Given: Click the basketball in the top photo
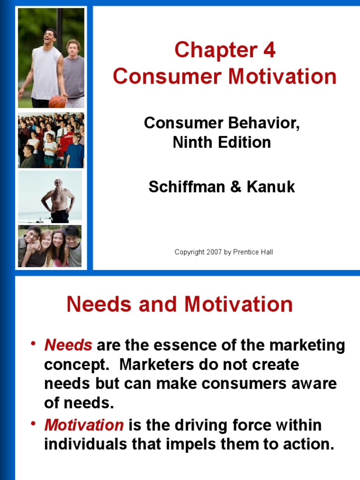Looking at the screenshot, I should [x=57, y=101].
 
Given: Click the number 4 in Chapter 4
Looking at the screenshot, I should [x=269, y=51].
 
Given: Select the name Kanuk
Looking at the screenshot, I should [x=272, y=187].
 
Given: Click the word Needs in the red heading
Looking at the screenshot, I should [x=96, y=305].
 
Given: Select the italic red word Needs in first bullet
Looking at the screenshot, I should [x=68, y=345].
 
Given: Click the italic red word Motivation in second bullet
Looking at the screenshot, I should [x=84, y=425].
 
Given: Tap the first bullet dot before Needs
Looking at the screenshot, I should [x=33, y=345].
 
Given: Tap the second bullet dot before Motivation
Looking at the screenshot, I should [x=33, y=424].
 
